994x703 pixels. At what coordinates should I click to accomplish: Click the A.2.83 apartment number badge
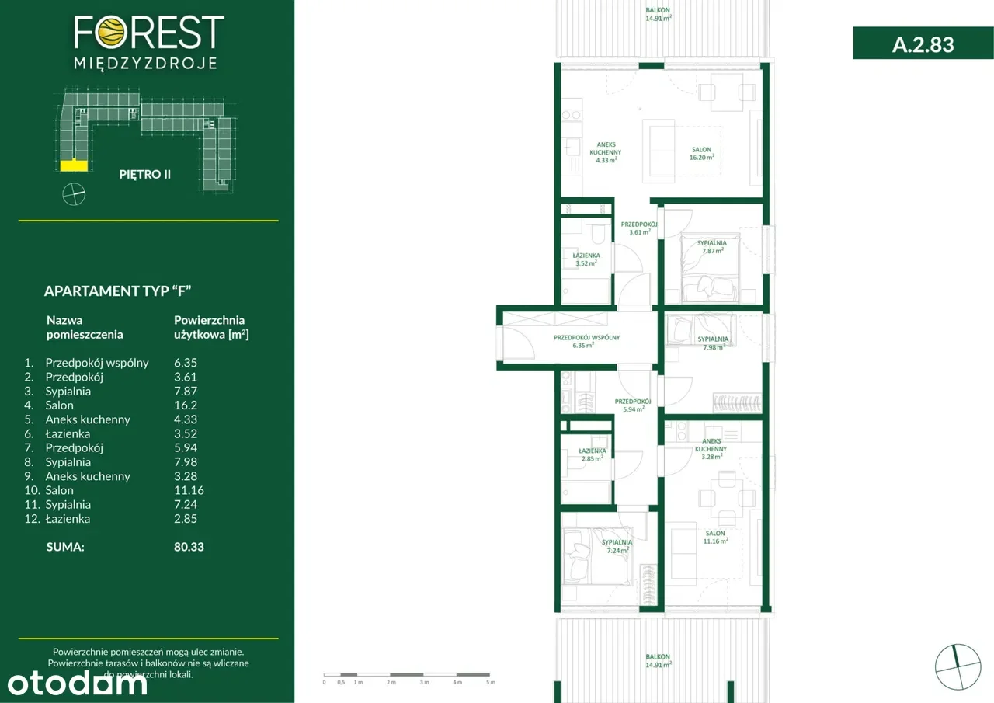pyautogui.click(x=923, y=44)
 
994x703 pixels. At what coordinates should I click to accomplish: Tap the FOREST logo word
pyautogui.click(x=149, y=33)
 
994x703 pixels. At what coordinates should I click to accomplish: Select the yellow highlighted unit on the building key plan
pyautogui.click(x=75, y=165)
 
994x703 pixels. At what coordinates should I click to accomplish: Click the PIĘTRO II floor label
pyautogui.click(x=144, y=174)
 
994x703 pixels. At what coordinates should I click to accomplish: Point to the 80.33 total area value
pyautogui.click(x=189, y=547)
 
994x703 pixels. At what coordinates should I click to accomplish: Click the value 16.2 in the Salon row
pyautogui.click(x=185, y=405)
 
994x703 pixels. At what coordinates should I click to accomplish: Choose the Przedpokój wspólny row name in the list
pyautogui.click(x=97, y=363)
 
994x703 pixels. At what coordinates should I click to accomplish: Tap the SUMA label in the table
pyautogui.click(x=65, y=547)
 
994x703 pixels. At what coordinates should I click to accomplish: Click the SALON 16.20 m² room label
pyautogui.click(x=702, y=153)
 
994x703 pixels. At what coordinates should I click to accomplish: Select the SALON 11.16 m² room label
pyautogui.click(x=715, y=537)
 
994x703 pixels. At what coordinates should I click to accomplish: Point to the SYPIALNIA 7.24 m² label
pyautogui.click(x=617, y=546)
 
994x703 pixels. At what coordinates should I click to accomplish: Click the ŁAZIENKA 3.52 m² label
pyautogui.click(x=586, y=259)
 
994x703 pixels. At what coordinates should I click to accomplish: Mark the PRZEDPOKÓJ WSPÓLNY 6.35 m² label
pyautogui.click(x=586, y=341)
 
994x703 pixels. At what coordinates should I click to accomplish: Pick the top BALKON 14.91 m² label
pyautogui.click(x=658, y=14)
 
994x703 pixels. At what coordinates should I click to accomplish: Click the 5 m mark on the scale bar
pyautogui.click(x=489, y=682)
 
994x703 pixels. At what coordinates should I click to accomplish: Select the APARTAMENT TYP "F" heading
pyautogui.click(x=118, y=291)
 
